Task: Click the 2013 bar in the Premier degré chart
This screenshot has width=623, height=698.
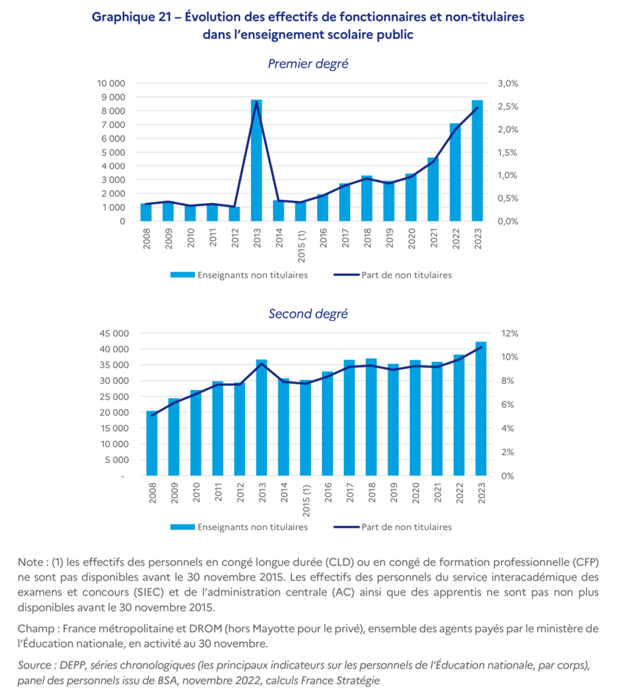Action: point(257,160)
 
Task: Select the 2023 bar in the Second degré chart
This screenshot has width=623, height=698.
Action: point(481,409)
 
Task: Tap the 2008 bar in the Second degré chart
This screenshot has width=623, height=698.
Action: point(152,443)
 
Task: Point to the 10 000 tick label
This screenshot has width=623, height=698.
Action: point(111,83)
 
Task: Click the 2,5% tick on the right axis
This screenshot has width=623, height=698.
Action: point(508,106)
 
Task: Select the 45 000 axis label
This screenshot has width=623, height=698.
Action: point(114,333)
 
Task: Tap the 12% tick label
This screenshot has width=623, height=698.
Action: point(510,333)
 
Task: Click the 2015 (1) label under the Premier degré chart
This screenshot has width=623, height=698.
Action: point(302,246)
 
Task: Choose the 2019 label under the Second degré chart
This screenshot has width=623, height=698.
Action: point(394,493)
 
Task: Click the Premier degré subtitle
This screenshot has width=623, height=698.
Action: point(308,63)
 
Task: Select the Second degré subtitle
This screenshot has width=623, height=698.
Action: point(308,314)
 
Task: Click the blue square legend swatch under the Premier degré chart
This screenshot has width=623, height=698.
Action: point(182,275)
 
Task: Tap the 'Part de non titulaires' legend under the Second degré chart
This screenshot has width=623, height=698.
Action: point(392,527)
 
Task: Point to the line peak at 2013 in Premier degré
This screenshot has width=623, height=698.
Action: point(257,102)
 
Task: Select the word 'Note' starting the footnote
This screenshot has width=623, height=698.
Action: point(30,562)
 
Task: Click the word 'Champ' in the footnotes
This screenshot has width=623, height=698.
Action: point(37,629)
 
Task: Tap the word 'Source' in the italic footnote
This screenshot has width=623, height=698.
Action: point(35,665)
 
